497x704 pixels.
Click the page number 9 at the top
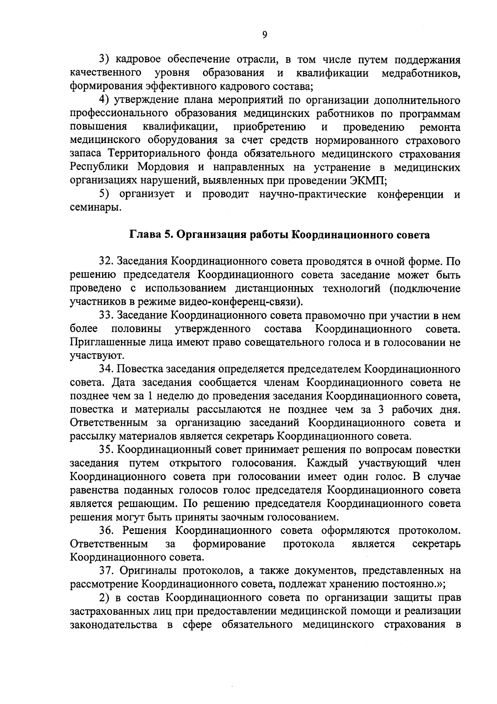click(265, 35)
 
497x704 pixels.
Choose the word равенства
click(98, 490)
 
